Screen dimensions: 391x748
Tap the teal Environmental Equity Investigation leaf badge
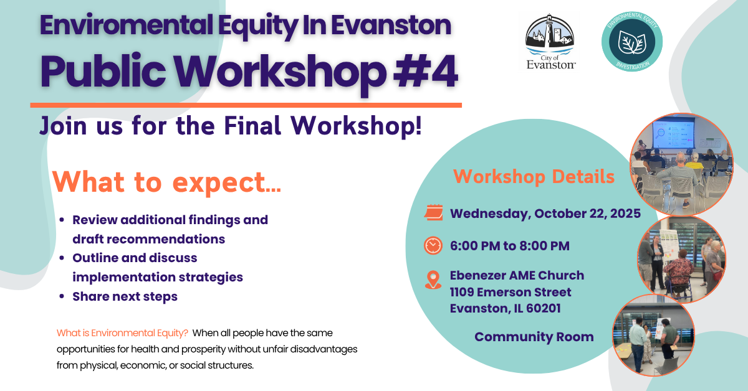pyautogui.click(x=631, y=41)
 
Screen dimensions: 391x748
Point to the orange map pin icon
pyautogui.click(x=433, y=279)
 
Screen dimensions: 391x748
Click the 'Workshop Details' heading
pyautogui.click(x=534, y=176)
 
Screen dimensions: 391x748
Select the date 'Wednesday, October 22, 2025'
pyautogui.click(x=545, y=214)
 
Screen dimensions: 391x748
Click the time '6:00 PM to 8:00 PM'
pyautogui.click(x=509, y=246)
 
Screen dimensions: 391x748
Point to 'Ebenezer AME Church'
pyautogui.click(x=517, y=275)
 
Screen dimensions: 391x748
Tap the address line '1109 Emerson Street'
pyautogui.click(x=511, y=292)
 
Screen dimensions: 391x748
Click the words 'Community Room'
pyautogui.click(x=534, y=337)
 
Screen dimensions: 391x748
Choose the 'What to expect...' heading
pyautogui.click(x=166, y=181)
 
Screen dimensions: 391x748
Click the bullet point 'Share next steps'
pyautogui.click(x=125, y=296)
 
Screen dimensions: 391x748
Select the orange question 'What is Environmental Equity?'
pyautogui.click(x=122, y=333)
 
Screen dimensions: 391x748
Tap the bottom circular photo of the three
pyautogui.click(x=653, y=336)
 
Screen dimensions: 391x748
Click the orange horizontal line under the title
pyautogui.click(x=246, y=105)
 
